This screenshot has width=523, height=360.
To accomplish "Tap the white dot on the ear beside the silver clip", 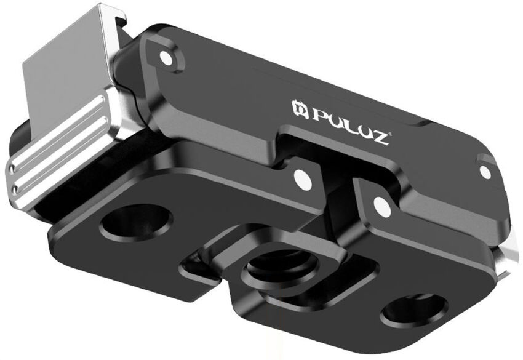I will [x=164, y=59].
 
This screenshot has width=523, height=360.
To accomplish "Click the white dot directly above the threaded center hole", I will [x=301, y=178].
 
